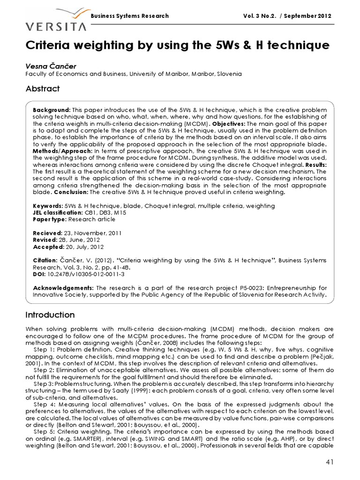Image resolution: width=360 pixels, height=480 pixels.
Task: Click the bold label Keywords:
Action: click(x=47, y=206)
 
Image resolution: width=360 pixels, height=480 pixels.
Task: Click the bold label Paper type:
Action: click(x=50, y=219)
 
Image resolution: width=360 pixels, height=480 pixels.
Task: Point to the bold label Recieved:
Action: click(x=47, y=233)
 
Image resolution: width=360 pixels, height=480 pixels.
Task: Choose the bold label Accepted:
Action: click(x=48, y=247)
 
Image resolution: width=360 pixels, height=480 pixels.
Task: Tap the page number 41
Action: click(x=329, y=462)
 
